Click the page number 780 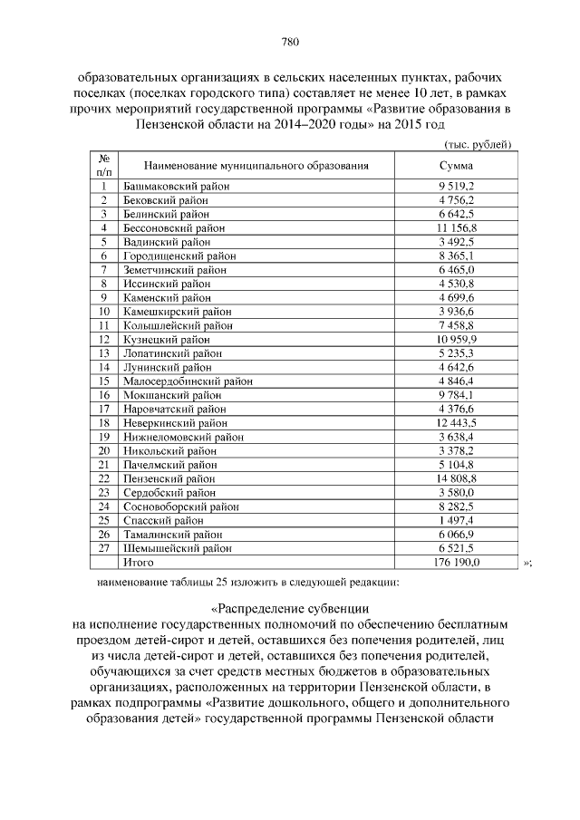(290, 42)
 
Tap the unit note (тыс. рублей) (478, 144)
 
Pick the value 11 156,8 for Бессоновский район (457, 227)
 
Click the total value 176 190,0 (457, 563)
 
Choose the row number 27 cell (104, 548)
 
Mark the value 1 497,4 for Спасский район (457, 521)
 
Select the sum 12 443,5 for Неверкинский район (457, 423)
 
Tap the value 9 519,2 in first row (457, 186)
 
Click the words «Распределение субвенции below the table (290, 608)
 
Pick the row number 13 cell (104, 353)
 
